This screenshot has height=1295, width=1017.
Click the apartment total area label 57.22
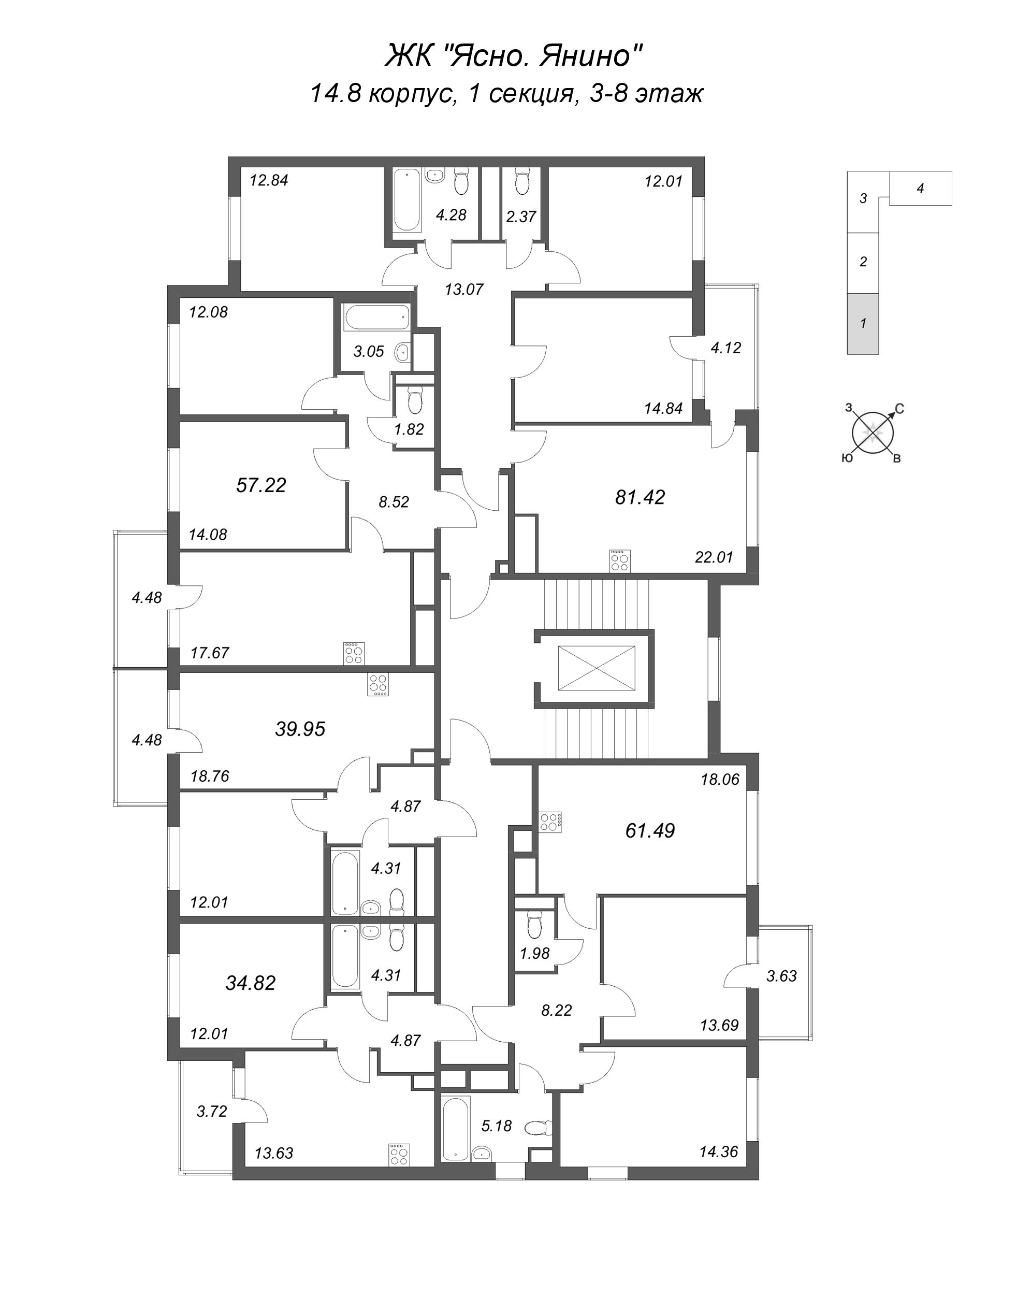pyautogui.click(x=261, y=485)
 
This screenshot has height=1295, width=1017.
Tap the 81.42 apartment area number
pyautogui.click(x=640, y=497)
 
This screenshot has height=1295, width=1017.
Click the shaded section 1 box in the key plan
pyautogui.click(x=863, y=324)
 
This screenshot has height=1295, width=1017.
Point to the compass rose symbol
pyautogui.click(x=873, y=430)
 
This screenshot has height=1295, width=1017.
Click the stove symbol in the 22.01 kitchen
pyautogui.click(x=619, y=560)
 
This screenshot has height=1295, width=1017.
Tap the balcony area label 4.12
pyautogui.click(x=726, y=348)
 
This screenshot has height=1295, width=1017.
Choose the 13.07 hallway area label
pyautogui.click(x=464, y=290)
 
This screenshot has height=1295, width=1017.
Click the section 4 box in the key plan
pyautogui.click(x=921, y=189)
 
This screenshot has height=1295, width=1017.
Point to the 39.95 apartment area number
pyautogui.click(x=300, y=729)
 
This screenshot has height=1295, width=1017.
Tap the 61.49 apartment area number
pyautogui.click(x=650, y=830)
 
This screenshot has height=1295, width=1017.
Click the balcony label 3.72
pyautogui.click(x=212, y=1111)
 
